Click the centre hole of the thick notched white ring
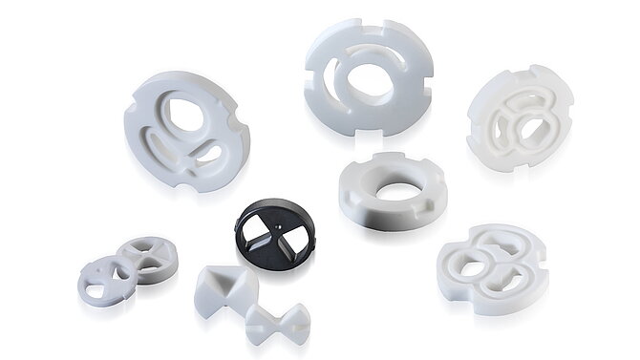pyautogui.click(x=392, y=191)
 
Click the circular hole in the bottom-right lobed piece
pyautogui.click(x=473, y=267)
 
